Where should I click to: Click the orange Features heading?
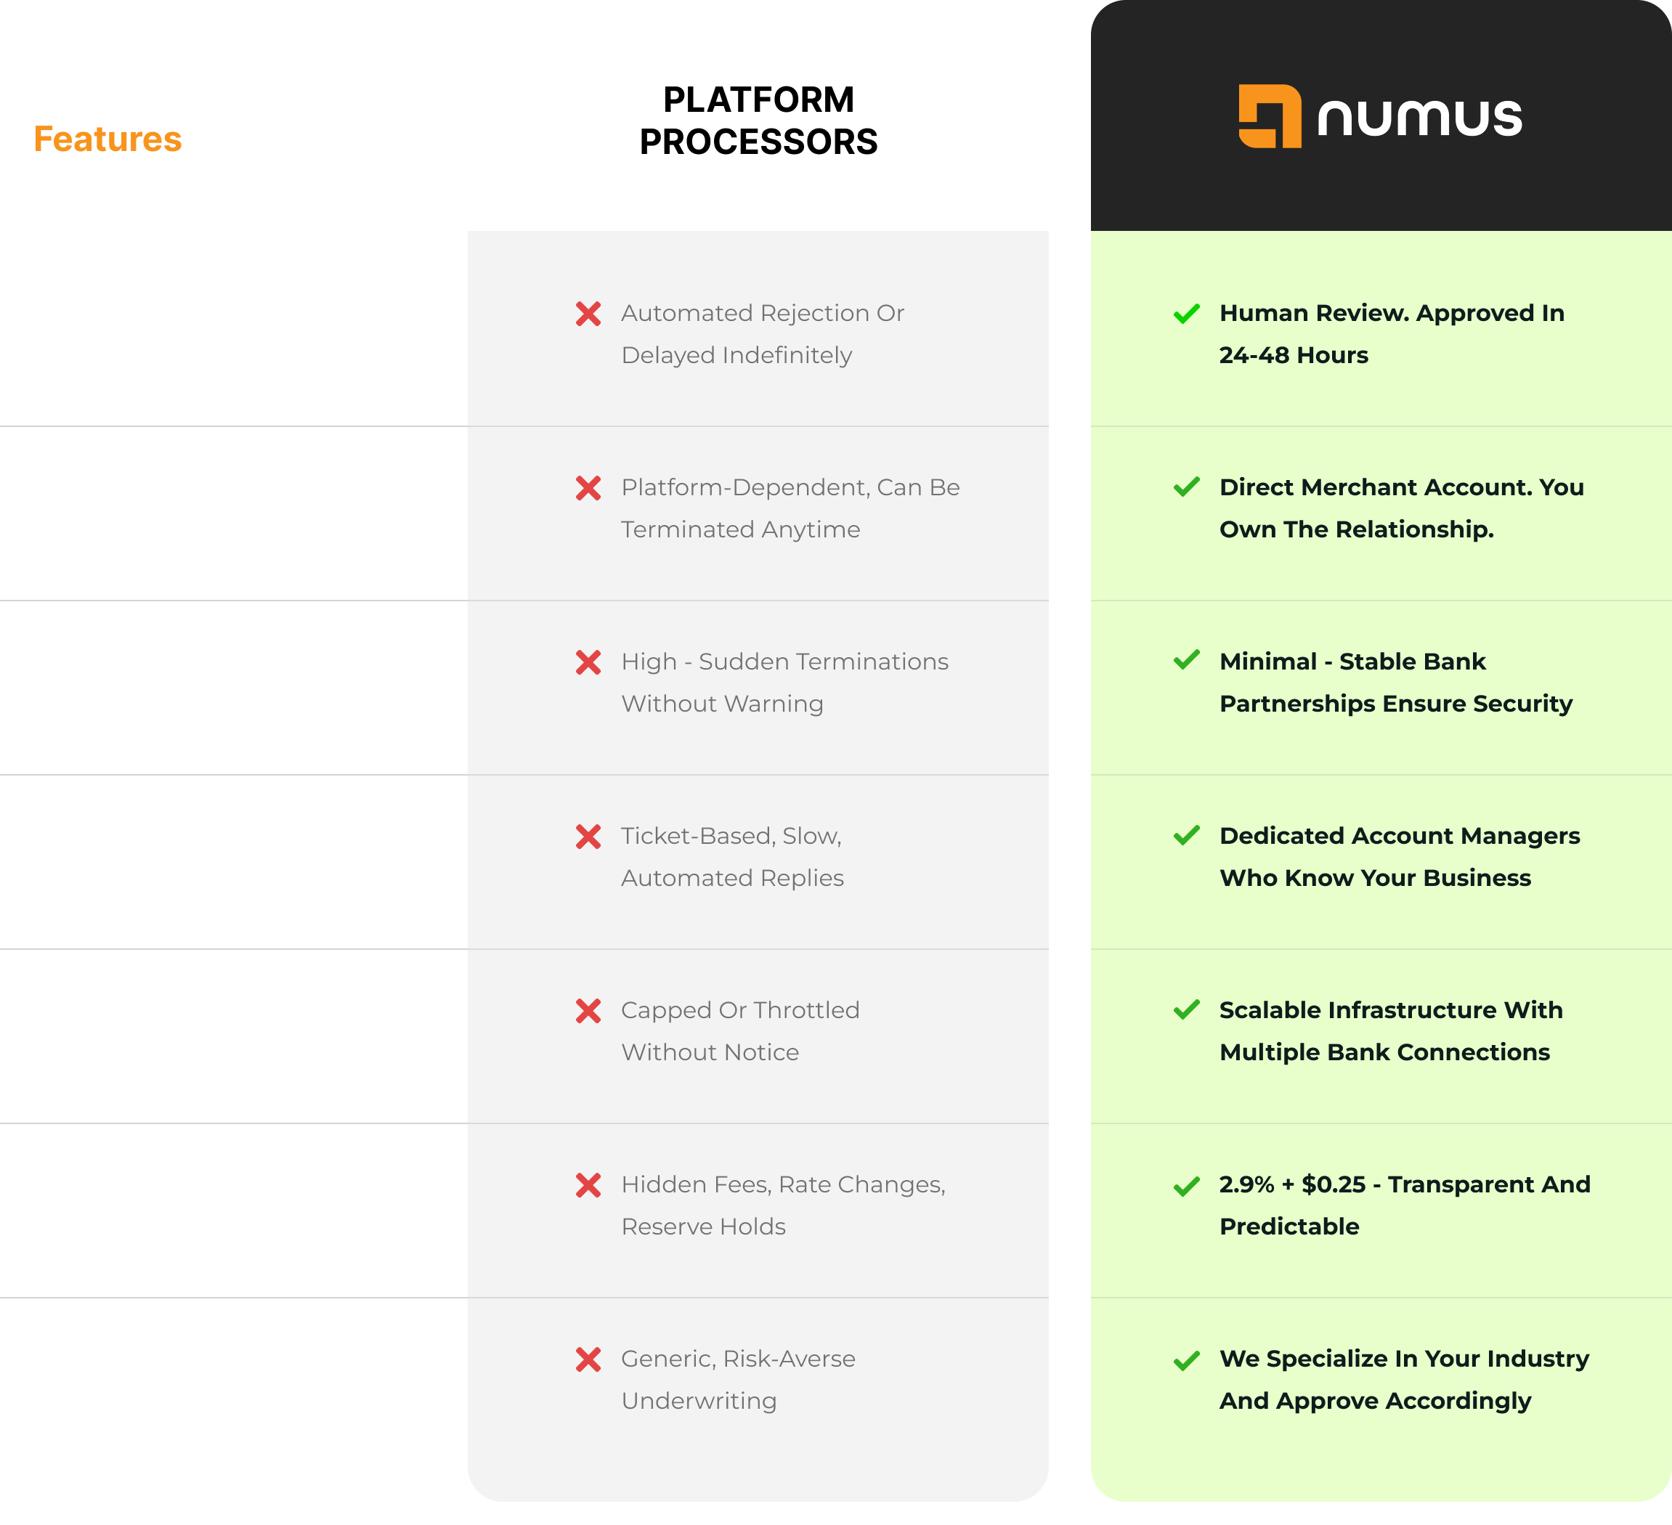107,139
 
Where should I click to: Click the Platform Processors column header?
758,121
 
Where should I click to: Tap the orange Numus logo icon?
1269,116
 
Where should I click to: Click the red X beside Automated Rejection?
588,314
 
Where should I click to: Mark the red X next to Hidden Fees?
588,1186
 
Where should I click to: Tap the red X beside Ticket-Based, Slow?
588,837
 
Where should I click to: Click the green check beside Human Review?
1187,314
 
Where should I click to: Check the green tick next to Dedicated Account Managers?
1187,836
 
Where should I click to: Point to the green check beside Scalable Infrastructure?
1187,1010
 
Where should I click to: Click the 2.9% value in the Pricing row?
1246,1185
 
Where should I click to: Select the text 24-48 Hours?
1293,356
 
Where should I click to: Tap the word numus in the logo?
1419,118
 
